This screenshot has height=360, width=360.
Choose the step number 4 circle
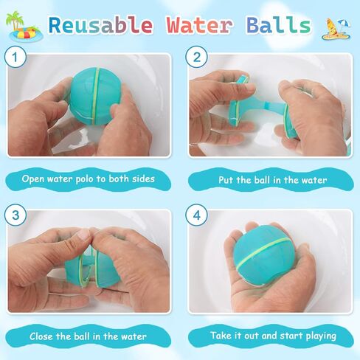coord(195,217)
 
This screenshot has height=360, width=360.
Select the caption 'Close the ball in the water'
coord(89,336)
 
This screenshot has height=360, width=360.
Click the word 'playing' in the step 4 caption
coord(315,337)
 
